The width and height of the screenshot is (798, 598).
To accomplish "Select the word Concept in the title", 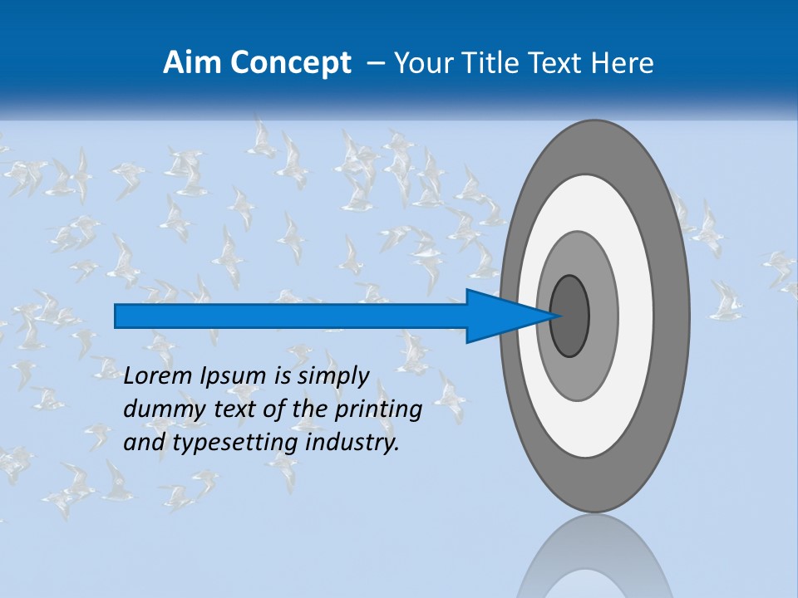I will tap(288, 63).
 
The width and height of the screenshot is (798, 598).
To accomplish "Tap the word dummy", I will tap(159, 409).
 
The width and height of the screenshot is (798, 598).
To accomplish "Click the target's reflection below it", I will tap(594, 561).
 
